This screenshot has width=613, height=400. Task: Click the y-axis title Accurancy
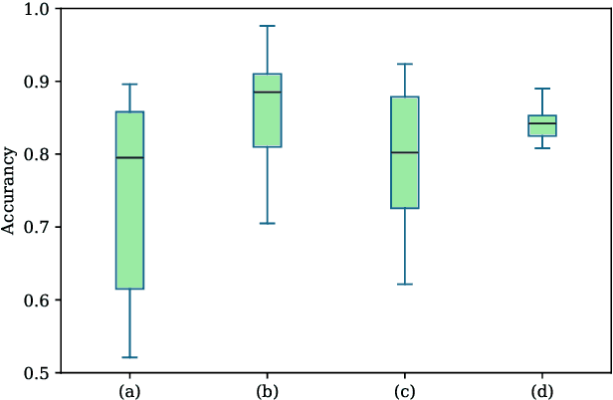(x=8, y=190)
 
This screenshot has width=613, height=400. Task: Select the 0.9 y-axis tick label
(x=40, y=82)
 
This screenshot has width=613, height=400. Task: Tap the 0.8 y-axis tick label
(x=40, y=154)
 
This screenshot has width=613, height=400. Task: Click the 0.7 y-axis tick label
(x=40, y=227)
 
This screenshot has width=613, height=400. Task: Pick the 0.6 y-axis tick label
(x=40, y=300)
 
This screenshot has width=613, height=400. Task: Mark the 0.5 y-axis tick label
(x=40, y=372)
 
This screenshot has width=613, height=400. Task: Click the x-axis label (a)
(x=129, y=391)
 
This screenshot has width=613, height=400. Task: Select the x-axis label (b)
(x=267, y=391)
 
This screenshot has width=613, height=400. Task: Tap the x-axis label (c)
(x=404, y=391)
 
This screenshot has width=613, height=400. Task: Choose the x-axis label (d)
(x=541, y=391)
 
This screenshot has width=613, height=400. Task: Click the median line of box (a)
(x=129, y=157)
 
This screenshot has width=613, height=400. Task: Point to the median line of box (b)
(x=267, y=92)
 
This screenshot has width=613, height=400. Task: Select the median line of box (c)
(x=404, y=152)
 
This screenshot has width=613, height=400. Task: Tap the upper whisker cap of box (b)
(x=267, y=26)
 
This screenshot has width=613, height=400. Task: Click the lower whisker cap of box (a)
(x=129, y=357)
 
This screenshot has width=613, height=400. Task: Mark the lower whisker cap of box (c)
(x=404, y=285)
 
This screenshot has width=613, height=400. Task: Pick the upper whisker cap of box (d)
(x=541, y=89)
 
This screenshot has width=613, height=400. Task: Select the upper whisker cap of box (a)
(x=129, y=85)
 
